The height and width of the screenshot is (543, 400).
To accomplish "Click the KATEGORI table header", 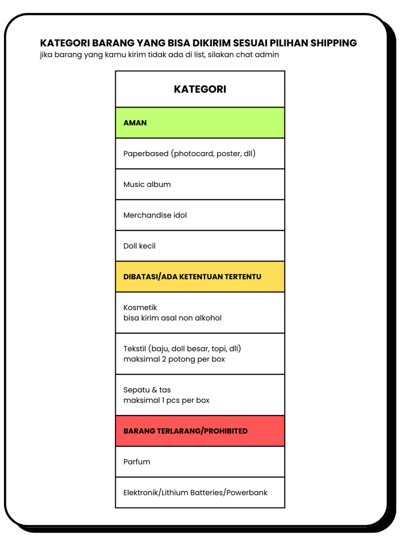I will tap(200, 89).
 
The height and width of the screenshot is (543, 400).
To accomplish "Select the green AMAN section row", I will tap(200, 123).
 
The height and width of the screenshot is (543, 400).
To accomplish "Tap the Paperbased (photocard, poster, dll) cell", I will tap(189, 153).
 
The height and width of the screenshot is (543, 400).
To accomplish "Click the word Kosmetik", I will tap(140, 307).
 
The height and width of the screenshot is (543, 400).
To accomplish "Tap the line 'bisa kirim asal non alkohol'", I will tap(172, 318).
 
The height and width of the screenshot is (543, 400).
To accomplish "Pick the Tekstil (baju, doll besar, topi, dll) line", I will tap(182, 348).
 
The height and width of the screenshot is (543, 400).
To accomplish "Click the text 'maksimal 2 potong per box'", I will tap(174, 359).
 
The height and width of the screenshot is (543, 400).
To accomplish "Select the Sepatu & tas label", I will tap(147, 390).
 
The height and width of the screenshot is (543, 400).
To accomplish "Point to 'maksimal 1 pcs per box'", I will tap(166, 400).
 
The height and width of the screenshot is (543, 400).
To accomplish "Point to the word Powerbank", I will tap(247, 492).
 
